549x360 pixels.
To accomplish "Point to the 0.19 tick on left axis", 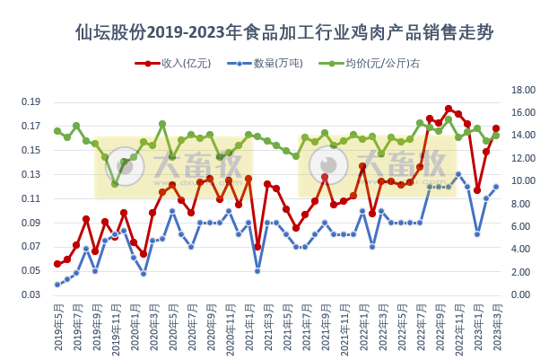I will click(x=32, y=101).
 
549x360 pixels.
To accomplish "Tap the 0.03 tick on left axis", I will click(x=32, y=295).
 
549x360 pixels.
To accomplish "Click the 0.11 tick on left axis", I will click(x=32, y=198).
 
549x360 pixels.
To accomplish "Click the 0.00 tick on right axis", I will click(x=522, y=295).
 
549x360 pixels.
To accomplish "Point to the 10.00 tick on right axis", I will click(x=522, y=181).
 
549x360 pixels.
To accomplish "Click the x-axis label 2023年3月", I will click(x=496, y=324).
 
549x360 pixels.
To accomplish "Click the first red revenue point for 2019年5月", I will click(x=57, y=264).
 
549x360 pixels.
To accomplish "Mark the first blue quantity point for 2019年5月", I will click(x=57, y=285).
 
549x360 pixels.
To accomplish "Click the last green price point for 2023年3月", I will click(x=496, y=136).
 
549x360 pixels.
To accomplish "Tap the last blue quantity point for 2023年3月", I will click(x=496, y=187).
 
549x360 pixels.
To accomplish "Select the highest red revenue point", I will click(x=449, y=109).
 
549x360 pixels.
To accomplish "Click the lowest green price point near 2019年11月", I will click(x=115, y=184).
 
